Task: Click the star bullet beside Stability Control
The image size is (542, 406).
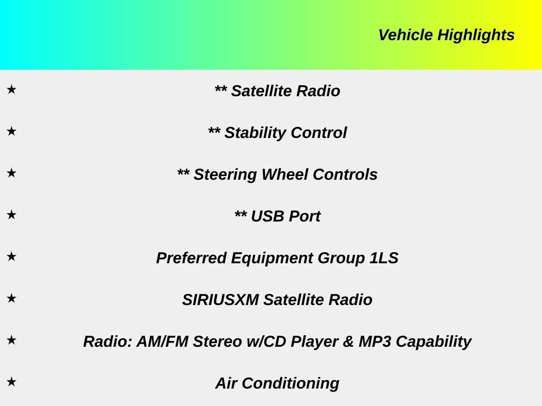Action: point(12,131)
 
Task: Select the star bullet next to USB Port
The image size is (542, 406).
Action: point(12,215)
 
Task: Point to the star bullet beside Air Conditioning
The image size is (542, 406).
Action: point(12,382)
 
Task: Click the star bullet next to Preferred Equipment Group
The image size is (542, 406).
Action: point(12,256)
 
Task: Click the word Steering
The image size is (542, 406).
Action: point(225,175)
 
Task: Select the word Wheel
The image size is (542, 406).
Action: point(285,174)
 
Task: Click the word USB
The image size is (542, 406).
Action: point(267,216)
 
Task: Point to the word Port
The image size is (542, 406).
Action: point(304,216)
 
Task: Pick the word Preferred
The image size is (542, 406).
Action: point(191,258)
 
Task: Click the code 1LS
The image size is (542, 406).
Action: point(384,258)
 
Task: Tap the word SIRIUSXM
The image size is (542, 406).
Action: point(221,300)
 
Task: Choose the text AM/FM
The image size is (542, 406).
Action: point(162,342)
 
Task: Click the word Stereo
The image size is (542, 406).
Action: point(218,342)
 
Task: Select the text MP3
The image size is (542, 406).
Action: point(375,342)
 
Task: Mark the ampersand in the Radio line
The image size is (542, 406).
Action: point(348,342)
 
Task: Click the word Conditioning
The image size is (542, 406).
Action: point(291,384)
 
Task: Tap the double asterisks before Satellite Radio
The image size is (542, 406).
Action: point(221,88)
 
